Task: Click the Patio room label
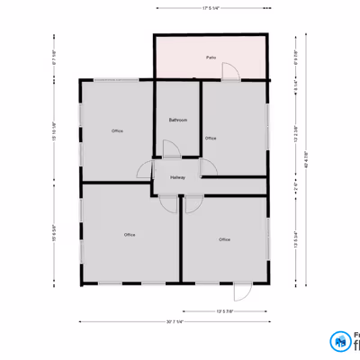(x=211, y=58)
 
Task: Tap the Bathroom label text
(x=177, y=120)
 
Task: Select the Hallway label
(x=177, y=177)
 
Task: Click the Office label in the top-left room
(x=117, y=131)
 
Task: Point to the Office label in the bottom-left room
(x=130, y=235)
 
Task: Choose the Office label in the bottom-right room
(x=224, y=239)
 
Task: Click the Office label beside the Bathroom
(x=211, y=139)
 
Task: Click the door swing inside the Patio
(x=230, y=71)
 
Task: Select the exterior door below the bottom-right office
(x=241, y=291)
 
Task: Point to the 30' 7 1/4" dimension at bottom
(x=175, y=321)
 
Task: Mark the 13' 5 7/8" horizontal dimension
(x=225, y=311)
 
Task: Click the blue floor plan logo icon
(x=339, y=342)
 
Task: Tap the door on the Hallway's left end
(x=145, y=171)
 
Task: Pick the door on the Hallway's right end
(x=209, y=167)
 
